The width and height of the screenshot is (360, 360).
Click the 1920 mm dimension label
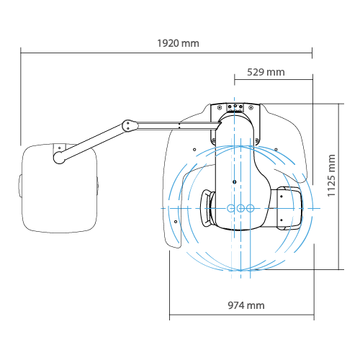click(178, 43)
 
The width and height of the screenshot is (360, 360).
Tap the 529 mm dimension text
click(266, 72)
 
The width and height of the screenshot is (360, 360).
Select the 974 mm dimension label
click(246, 305)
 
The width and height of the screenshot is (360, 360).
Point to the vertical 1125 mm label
click(331, 176)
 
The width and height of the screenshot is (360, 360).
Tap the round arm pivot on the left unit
click(59, 158)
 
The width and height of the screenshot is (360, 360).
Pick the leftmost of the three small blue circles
click(231, 208)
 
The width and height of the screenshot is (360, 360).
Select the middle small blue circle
click(240, 208)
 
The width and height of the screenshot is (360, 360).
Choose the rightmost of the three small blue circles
click(250, 208)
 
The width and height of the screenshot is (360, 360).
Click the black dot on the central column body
click(235, 182)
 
